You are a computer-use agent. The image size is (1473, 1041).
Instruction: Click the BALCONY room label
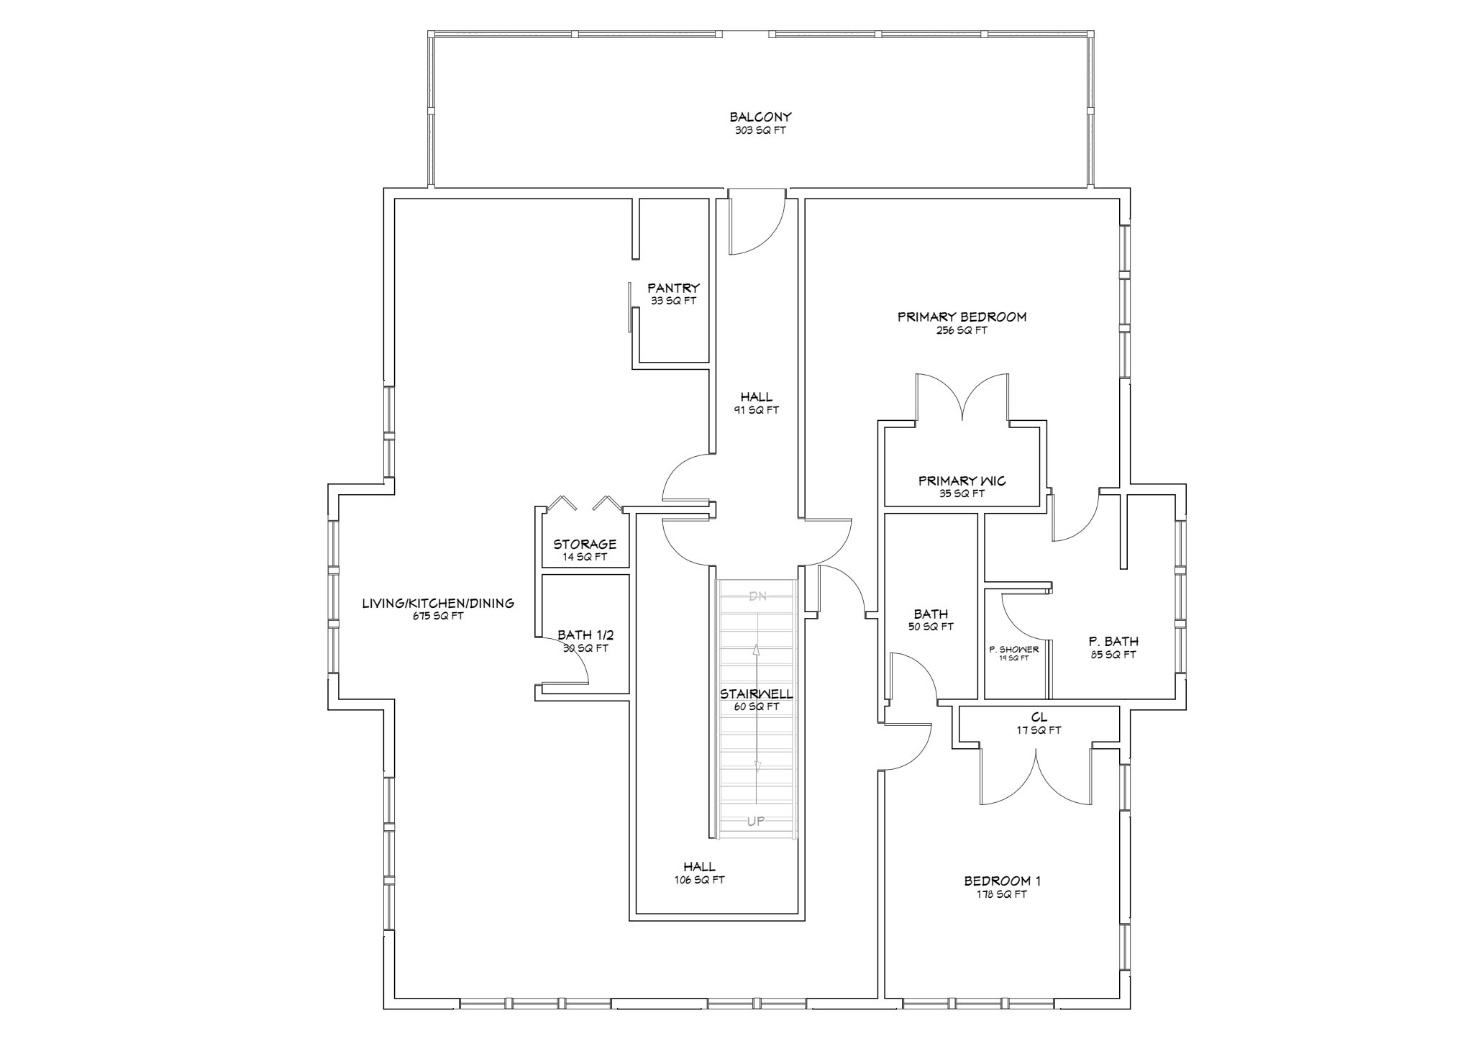pos(760,117)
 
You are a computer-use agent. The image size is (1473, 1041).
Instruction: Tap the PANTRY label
pos(673,288)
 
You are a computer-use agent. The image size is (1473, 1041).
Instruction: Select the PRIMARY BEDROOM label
pos(962,317)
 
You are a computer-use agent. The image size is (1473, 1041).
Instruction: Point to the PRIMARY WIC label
pos(962,481)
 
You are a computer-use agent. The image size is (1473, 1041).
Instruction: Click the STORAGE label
pos(585,545)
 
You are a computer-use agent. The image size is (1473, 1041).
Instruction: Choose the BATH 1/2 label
pos(585,635)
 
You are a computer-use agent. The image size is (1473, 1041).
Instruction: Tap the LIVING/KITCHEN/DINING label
pos(438,604)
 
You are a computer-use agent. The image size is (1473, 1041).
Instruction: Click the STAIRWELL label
pos(757,694)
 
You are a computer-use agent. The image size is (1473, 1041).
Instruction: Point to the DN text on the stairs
pos(757,596)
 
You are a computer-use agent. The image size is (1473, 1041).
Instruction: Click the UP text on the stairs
pos(756,821)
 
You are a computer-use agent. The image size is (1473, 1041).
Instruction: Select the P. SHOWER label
pos(1014,650)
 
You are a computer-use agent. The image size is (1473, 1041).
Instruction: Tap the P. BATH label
pos(1113,642)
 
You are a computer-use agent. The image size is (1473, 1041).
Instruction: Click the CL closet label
pos(1039,717)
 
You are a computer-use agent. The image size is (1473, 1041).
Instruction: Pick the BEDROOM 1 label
pos(1002,881)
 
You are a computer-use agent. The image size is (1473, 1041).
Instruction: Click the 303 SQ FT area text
pos(760,131)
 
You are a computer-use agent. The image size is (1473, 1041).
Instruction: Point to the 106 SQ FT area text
pos(699,880)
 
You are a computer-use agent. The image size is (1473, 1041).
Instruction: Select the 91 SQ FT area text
pos(757,410)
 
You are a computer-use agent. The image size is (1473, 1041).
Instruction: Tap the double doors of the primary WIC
pos(962,397)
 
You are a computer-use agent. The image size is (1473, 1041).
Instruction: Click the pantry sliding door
pos(629,307)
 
